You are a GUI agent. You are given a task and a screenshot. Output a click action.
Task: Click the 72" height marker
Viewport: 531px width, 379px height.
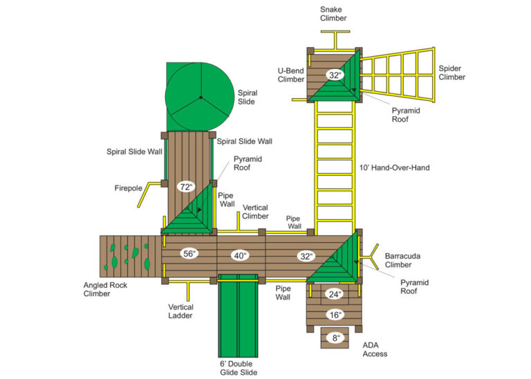coord(185,187)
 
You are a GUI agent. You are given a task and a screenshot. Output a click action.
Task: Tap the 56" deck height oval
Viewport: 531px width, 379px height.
coord(190,254)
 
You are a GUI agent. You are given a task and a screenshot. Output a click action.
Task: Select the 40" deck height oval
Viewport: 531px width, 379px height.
coord(240,256)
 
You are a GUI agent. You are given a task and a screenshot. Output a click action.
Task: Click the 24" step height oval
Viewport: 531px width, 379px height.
coord(335,294)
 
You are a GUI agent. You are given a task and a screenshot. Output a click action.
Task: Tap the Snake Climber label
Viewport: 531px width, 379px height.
coord(333,13)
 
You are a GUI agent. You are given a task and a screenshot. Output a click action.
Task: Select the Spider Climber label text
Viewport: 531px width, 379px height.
coord(451,73)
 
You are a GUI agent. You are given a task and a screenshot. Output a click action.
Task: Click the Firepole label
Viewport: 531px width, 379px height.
coord(129,187)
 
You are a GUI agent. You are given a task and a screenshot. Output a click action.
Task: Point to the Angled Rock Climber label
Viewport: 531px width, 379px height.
coord(97,289)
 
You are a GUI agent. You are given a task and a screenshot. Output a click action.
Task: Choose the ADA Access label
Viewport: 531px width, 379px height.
coord(375,349)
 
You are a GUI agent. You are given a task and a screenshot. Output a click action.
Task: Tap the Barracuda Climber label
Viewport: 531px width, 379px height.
coord(398,260)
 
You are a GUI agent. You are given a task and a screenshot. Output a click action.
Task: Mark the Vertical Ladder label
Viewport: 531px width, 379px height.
coord(180,311)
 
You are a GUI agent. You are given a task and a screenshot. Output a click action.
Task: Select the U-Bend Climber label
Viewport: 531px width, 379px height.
coord(291,75)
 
